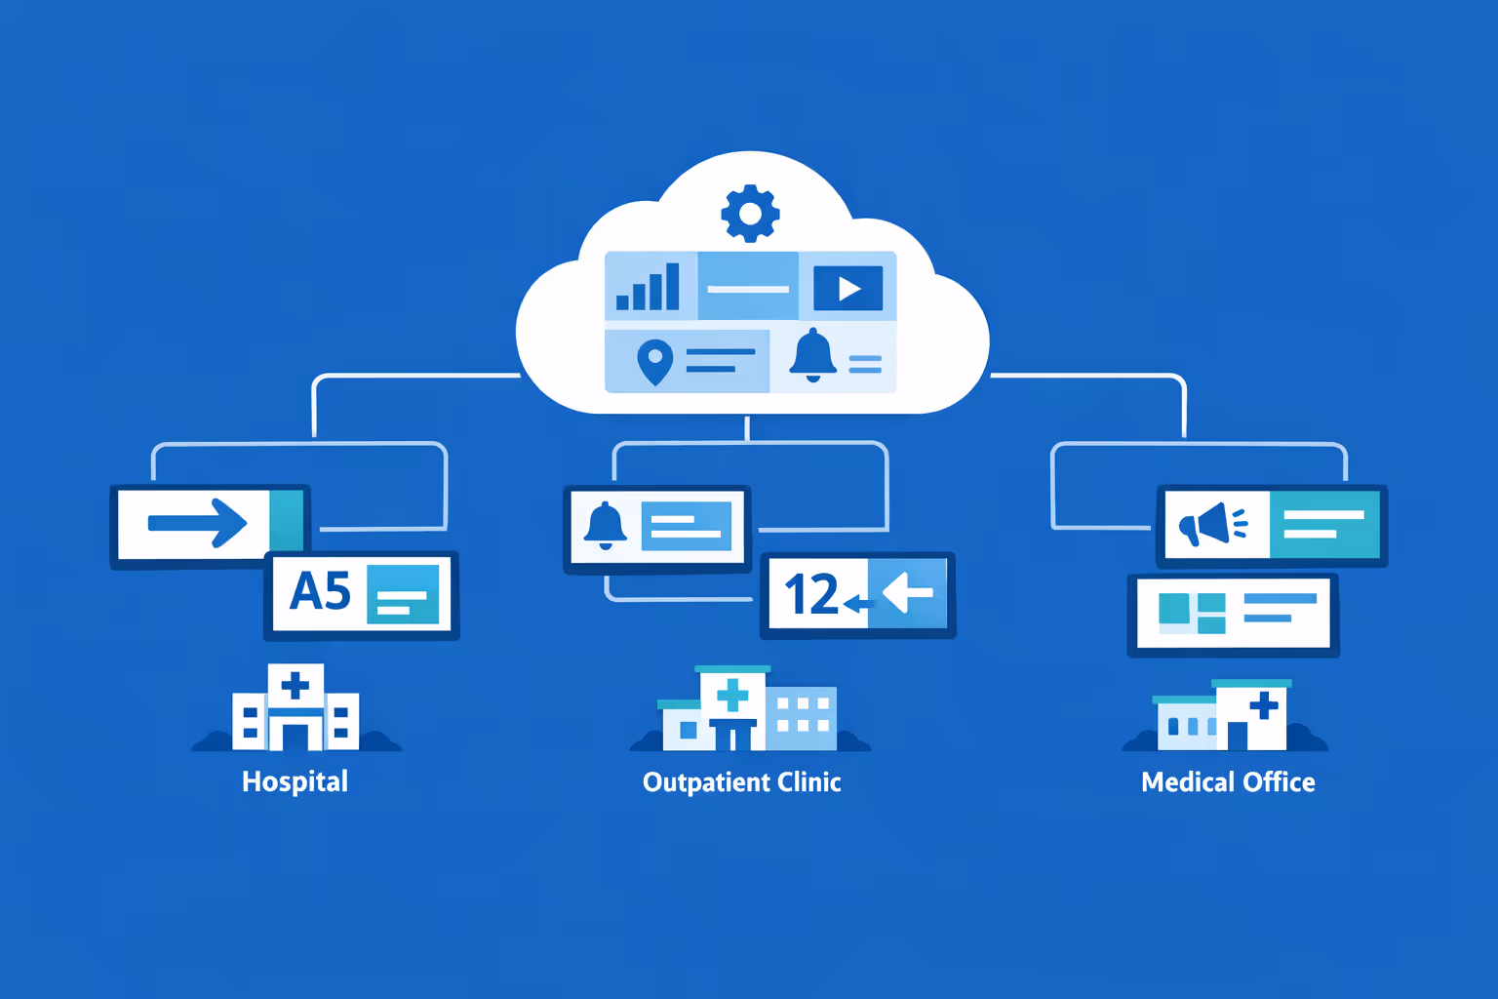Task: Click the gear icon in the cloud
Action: (x=750, y=213)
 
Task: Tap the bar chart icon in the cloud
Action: (x=649, y=287)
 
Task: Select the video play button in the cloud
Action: (x=848, y=288)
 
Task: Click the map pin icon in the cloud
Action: (x=654, y=362)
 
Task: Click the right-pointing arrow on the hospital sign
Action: (x=198, y=523)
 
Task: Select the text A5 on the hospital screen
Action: (x=320, y=591)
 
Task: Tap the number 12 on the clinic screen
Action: (x=810, y=594)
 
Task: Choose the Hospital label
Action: (x=295, y=781)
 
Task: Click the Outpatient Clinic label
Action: (x=741, y=782)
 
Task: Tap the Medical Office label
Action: (x=1228, y=782)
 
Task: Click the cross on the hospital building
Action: (x=295, y=685)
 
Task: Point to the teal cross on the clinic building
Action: (x=731, y=696)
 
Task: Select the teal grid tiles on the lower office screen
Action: (x=1192, y=613)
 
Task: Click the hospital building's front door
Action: (x=296, y=734)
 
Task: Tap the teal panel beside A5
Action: (x=402, y=593)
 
